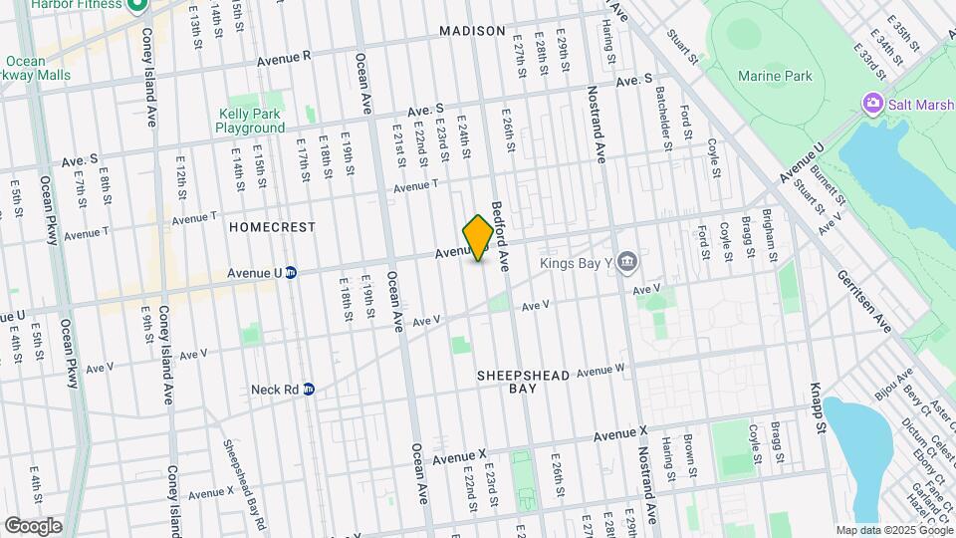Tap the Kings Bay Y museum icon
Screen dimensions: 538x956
[x=626, y=261]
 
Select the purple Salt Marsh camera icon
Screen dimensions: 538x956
[x=874, y=104]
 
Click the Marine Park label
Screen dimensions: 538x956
[x=775, y=77]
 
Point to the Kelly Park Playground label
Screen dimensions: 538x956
[x=250, y=121]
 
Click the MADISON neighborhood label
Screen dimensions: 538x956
[x=472, y=31]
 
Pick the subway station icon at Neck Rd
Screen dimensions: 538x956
[x=309, y=389]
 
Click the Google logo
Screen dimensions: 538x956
[x=33, y=525]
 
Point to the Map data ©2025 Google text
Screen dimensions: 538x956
[x=893, y=530]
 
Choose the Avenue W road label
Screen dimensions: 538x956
[x=600, y=370]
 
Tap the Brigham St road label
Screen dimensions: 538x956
[x=768, y=235]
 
